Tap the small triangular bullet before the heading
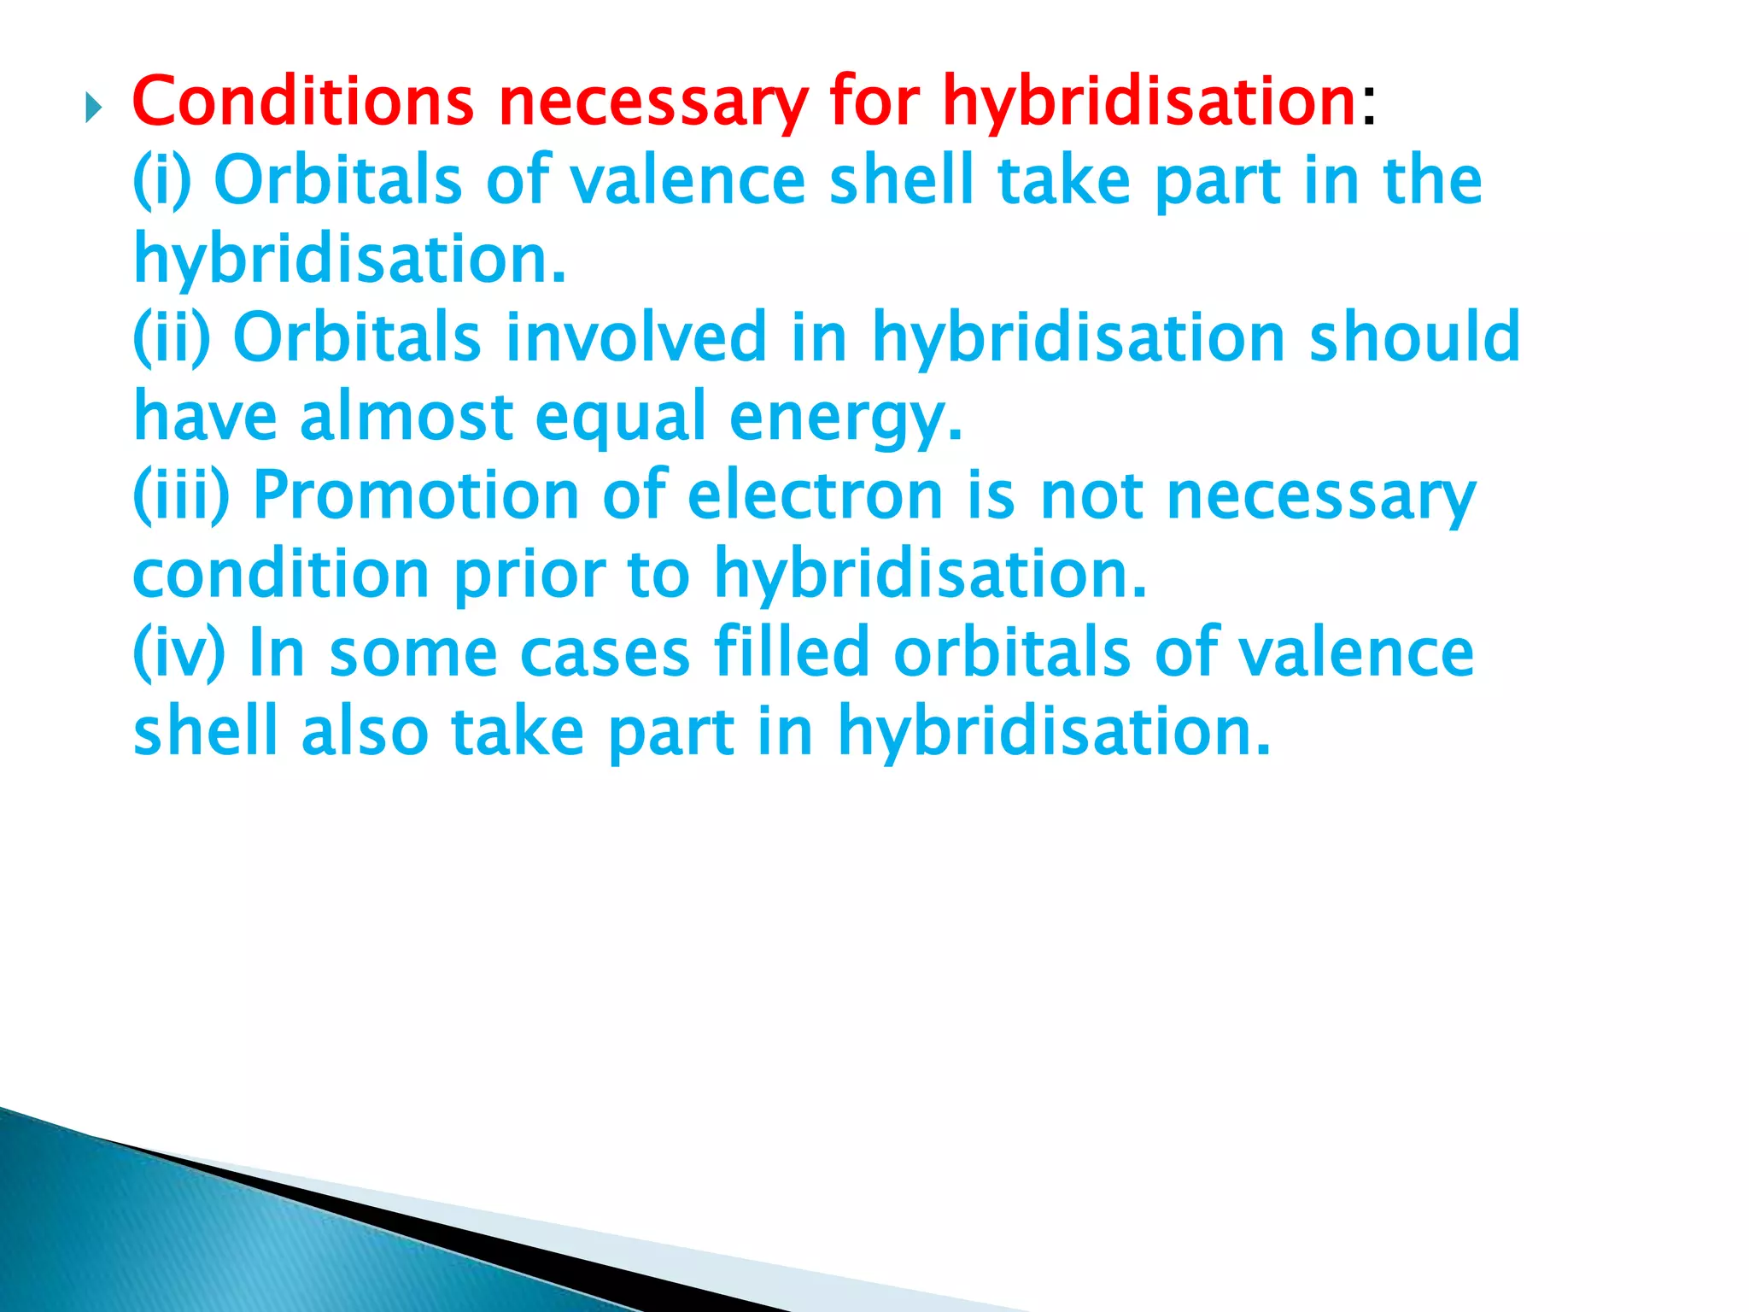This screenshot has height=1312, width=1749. pos(93,108)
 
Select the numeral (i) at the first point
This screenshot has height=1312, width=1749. pos(162,180)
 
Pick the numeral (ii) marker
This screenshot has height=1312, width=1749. pos(172,337)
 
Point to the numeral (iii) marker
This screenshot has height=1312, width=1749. pos(181,495)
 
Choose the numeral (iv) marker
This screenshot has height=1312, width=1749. pos(178,653)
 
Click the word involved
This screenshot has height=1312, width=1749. pos(635,337)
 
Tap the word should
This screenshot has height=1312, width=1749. pos(1414,337)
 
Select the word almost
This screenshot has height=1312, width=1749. pos(407,417)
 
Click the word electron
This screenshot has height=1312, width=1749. pos(815,495)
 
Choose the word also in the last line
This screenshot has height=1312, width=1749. pos(365,731)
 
